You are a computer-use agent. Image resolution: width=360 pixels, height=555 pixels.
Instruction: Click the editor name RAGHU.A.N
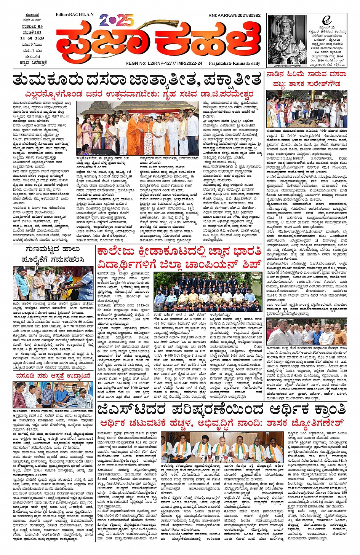(x=74, y=14)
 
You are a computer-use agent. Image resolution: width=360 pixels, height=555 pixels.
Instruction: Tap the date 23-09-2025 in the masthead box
(x=32, y=38)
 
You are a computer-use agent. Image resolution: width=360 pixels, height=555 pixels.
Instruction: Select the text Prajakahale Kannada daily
(x=234, y=63)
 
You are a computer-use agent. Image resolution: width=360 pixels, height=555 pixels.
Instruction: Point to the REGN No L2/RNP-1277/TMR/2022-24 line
(x=164, y=63)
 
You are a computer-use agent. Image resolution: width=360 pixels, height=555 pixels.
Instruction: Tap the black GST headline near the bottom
(x=221, y=410)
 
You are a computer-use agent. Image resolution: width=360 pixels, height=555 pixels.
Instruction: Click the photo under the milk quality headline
(x=53, y=284)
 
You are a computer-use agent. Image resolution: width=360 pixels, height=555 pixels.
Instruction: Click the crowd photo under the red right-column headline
(x=306, y=108)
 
